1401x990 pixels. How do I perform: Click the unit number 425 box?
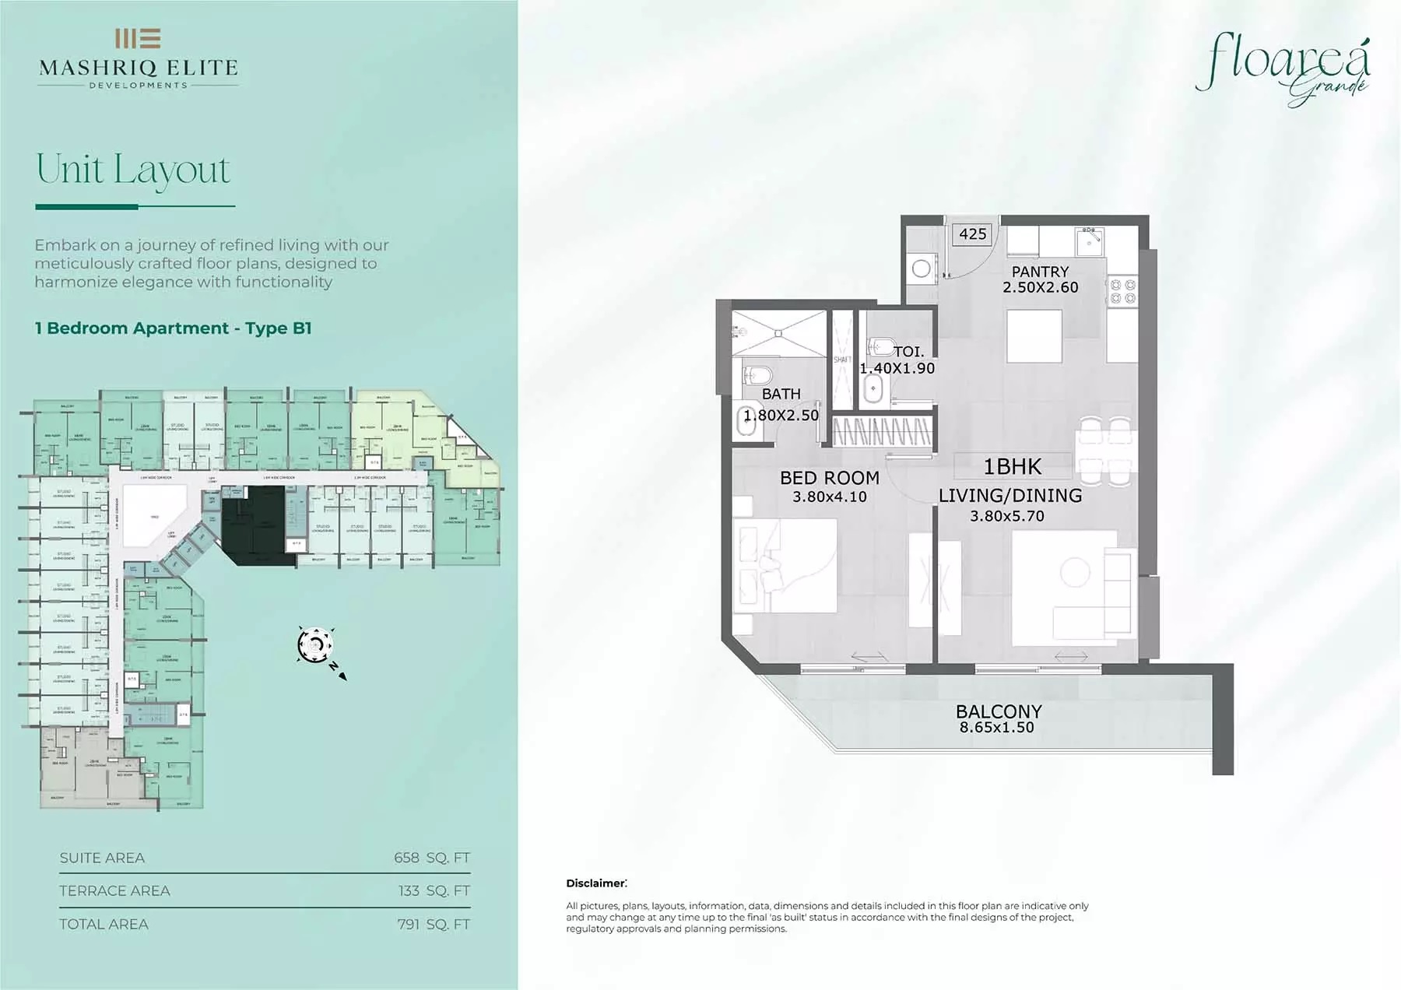coord(972,233)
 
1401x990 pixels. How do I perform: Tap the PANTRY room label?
coord(1040,272)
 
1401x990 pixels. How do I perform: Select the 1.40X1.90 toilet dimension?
coord(897,368)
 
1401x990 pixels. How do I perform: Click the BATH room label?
coord(781,394)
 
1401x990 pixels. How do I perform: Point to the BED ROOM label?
coord(829,478)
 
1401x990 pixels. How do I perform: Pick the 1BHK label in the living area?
coord(1012,466)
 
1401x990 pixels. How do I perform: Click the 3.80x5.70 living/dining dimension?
coord(1006,515)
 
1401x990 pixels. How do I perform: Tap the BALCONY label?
coord(998,711)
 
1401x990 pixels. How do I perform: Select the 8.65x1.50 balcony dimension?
coord(996,728)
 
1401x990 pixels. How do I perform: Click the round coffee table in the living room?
coord(1075,572)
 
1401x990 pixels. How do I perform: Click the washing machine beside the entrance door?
coord(922,269)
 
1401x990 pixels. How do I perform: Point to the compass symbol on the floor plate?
coord(316,645)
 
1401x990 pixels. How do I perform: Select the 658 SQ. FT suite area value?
coord(431,858)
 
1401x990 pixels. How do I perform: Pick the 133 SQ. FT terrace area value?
coord(434,890)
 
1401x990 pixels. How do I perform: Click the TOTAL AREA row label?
coord(104,924)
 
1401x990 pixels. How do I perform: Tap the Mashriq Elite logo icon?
coord(138,38)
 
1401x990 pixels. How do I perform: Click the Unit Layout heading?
coord(133,170)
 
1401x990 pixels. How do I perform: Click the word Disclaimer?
coord(595,883)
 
